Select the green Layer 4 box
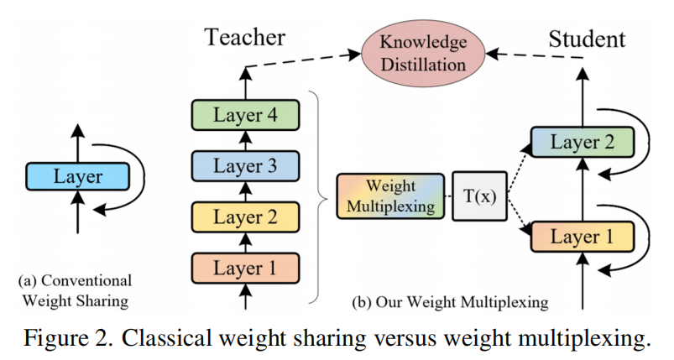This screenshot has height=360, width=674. click(244, 113)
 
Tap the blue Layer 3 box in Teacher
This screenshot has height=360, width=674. click(244, 164)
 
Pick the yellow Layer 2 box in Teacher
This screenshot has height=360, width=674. click(244, 217)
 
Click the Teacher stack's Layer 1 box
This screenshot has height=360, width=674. click(244, 269)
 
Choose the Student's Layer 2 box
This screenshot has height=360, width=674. click(581, 142)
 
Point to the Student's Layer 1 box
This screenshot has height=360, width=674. click(581, 237)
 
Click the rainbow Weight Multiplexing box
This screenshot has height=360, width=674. click(390, 196)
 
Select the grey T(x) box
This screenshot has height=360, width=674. click(479, 196)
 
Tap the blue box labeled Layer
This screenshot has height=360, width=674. click(77, 176)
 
